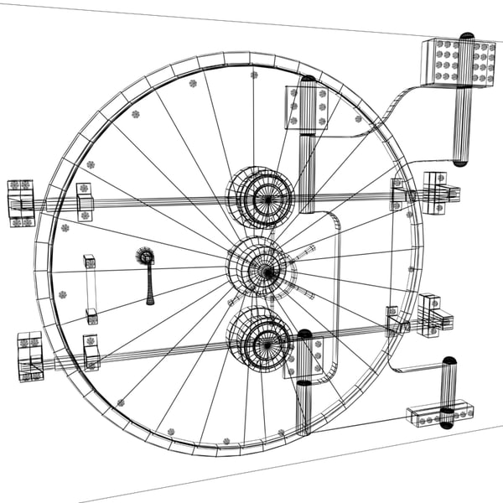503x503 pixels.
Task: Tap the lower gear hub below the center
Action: tap(262, 340)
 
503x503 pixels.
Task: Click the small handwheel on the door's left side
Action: tap(146, 257)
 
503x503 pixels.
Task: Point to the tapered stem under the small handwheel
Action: tap(148, 287)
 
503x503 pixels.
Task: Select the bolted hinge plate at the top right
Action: tap(459, 63)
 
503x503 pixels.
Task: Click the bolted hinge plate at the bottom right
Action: tap(439, 414)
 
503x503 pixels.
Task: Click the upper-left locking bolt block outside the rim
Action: tap(21, 203)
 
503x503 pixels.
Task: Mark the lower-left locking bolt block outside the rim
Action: tap(30, 356)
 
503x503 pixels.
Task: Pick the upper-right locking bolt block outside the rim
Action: tap(437, 193)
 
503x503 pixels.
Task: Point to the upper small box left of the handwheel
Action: tap(89, 262)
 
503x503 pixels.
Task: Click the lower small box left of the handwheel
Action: tap(91, 316)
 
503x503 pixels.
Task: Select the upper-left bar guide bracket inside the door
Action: tap(84, 201)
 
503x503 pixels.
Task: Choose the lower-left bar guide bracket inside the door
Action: tap(91, 352)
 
